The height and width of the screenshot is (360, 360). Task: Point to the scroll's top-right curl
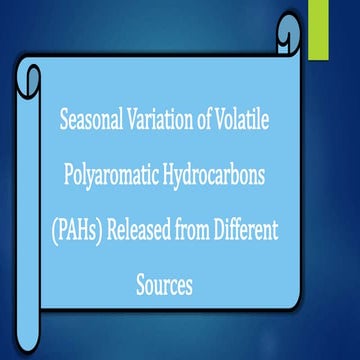pos(287,40)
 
